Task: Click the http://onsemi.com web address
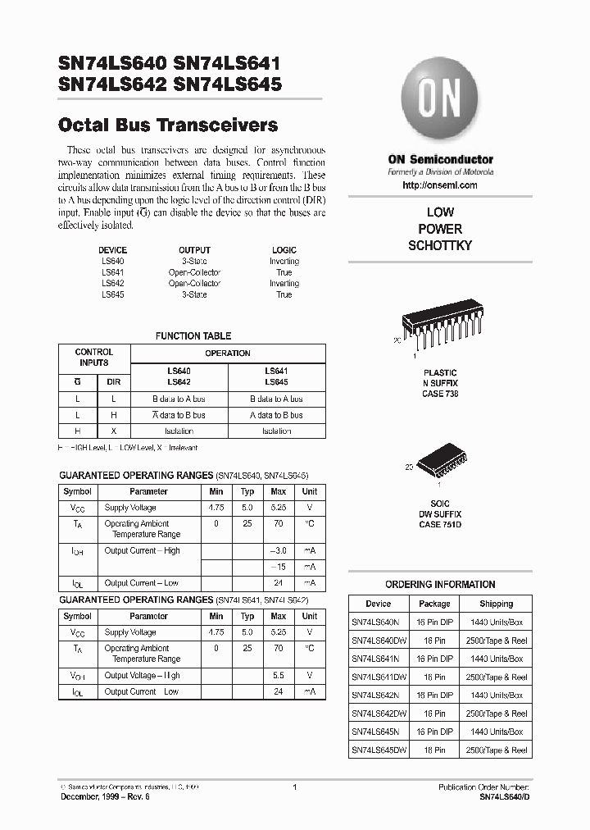pyautogui.click(x=440, y=185)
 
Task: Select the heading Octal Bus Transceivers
pyautogui.click(x=169, y=125)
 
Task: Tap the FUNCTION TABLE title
pyautogui.click(x=193, y=335)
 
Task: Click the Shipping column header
pyautogui.click(x=496, y=603)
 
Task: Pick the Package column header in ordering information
pyautogui.click(x=434, y=603)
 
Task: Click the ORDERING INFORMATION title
pyautogui.click(x=440, y=585)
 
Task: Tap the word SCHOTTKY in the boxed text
pyautogui.click(x=440, y=246)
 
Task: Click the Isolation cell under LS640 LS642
pyautogui.click(x=179, y=431)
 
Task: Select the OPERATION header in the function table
pyautogui.click(x=228, y=353)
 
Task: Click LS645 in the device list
pyautogui.click(x=113, y=294)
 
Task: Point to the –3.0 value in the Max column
pyautogui.click(x=278, y=550)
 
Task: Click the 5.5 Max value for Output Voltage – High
pyautogui.click(x=278, y=675)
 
